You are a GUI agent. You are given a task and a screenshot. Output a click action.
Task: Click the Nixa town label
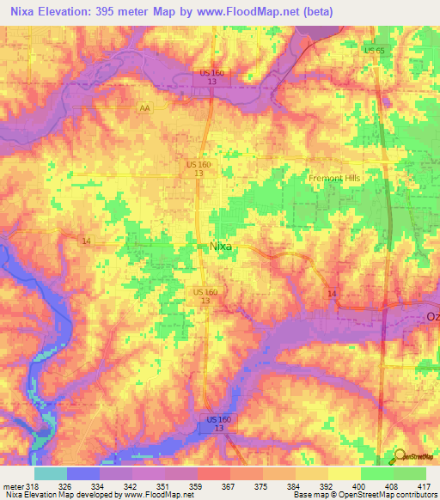click(x=222, y=246)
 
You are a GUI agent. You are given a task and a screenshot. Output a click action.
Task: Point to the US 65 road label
click(x=374, y=52)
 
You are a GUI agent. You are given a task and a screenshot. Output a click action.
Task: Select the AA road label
click(x=145, y=109)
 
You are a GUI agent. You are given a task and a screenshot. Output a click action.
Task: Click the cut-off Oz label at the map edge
click(x=432, y=317)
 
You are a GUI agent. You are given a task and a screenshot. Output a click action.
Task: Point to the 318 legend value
click(x=34, y=485)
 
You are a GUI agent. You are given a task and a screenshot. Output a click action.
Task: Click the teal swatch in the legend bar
click(x=51, y=473)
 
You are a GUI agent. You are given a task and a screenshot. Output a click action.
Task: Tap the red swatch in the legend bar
click(x=214, y=473)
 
